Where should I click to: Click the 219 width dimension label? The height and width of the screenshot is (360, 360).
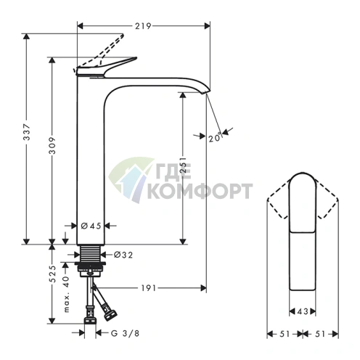(x=143, y=25)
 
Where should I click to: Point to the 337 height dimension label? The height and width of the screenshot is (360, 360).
(x=27, y=132)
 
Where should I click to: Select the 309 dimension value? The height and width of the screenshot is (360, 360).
(x=52, y=145)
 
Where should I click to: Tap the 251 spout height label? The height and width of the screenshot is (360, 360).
(x=184, y=165)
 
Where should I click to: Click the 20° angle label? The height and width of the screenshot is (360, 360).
(x=215, y=138)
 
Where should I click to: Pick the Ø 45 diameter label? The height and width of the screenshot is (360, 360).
(x=91, y=226)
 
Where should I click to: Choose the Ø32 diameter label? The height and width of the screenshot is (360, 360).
(x=123, y=255)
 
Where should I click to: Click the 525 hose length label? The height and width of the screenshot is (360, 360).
(x=52, y=274)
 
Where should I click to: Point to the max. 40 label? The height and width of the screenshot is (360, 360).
(x=66, y=294)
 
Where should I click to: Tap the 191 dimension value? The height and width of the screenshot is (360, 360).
(x=148, y=288)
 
